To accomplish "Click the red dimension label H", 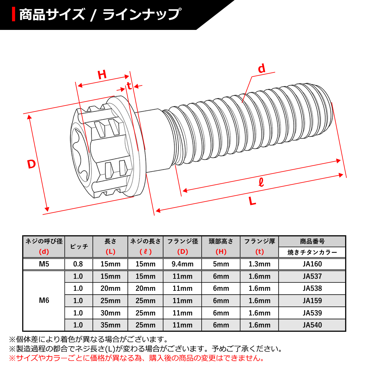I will (102, 75).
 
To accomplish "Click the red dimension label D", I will (31, 164).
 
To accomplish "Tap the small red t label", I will (129, 86).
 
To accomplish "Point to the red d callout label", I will (261, 69).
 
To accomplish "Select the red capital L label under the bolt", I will (253, 202).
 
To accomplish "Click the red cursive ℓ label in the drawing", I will (261, 183).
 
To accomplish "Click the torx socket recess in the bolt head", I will (81, 154).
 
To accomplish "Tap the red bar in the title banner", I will (14, 14).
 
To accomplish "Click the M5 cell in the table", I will (44, 264).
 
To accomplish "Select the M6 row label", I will (44, 301).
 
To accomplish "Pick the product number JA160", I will (312, 264).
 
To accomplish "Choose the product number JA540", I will (312, 325).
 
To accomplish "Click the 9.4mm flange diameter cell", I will (183, 264).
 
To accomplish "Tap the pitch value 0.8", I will (78, 264).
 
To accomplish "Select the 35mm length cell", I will (110, 325).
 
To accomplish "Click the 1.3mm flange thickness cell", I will (259, 264).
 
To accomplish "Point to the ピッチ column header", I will (79, 247).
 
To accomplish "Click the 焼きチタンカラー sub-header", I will (312, 253).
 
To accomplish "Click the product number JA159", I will (312, 301).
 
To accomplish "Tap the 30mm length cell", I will (110, 313).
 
